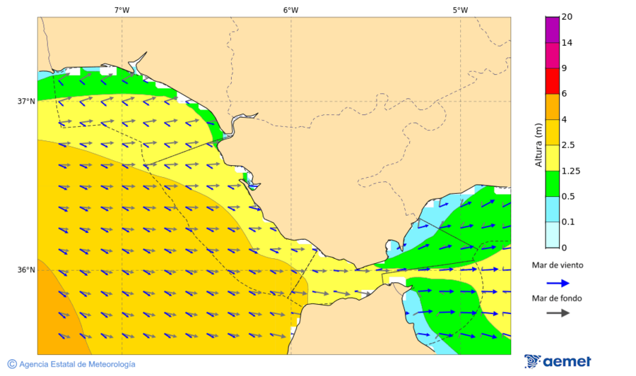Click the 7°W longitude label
122,10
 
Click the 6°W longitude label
290,10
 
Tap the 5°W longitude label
460,10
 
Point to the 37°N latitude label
26,101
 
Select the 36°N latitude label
26,269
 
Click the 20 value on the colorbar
566,17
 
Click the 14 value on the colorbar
566,42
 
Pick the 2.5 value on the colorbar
568,145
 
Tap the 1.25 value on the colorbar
570,171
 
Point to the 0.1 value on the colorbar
568,222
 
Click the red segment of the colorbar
552,80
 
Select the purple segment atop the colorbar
552,29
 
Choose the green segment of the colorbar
552,183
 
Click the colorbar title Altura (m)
538,145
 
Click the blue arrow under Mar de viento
558,283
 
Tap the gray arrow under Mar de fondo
558,313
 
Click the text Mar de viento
558,265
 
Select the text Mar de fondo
557,298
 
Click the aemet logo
558,362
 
